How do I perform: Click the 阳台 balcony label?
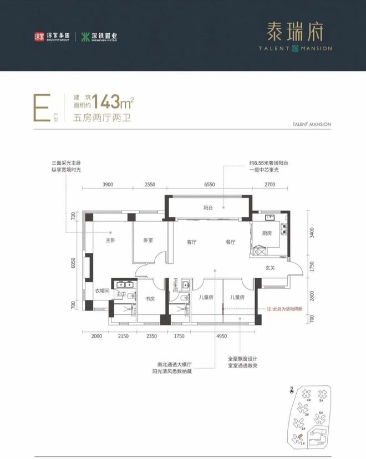pyautogui.click(x=209, y=209)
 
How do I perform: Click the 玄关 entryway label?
pyautogui.click(x=271, y=268)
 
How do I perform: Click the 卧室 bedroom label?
pyautogui.click(x=148, y=241)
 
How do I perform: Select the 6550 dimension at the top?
pyautogui.click(x=209, y=185)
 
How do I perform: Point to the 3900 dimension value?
pyautogui.click(x=108, y=185)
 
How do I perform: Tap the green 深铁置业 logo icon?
pyautogui.click(x=86, y=37)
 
